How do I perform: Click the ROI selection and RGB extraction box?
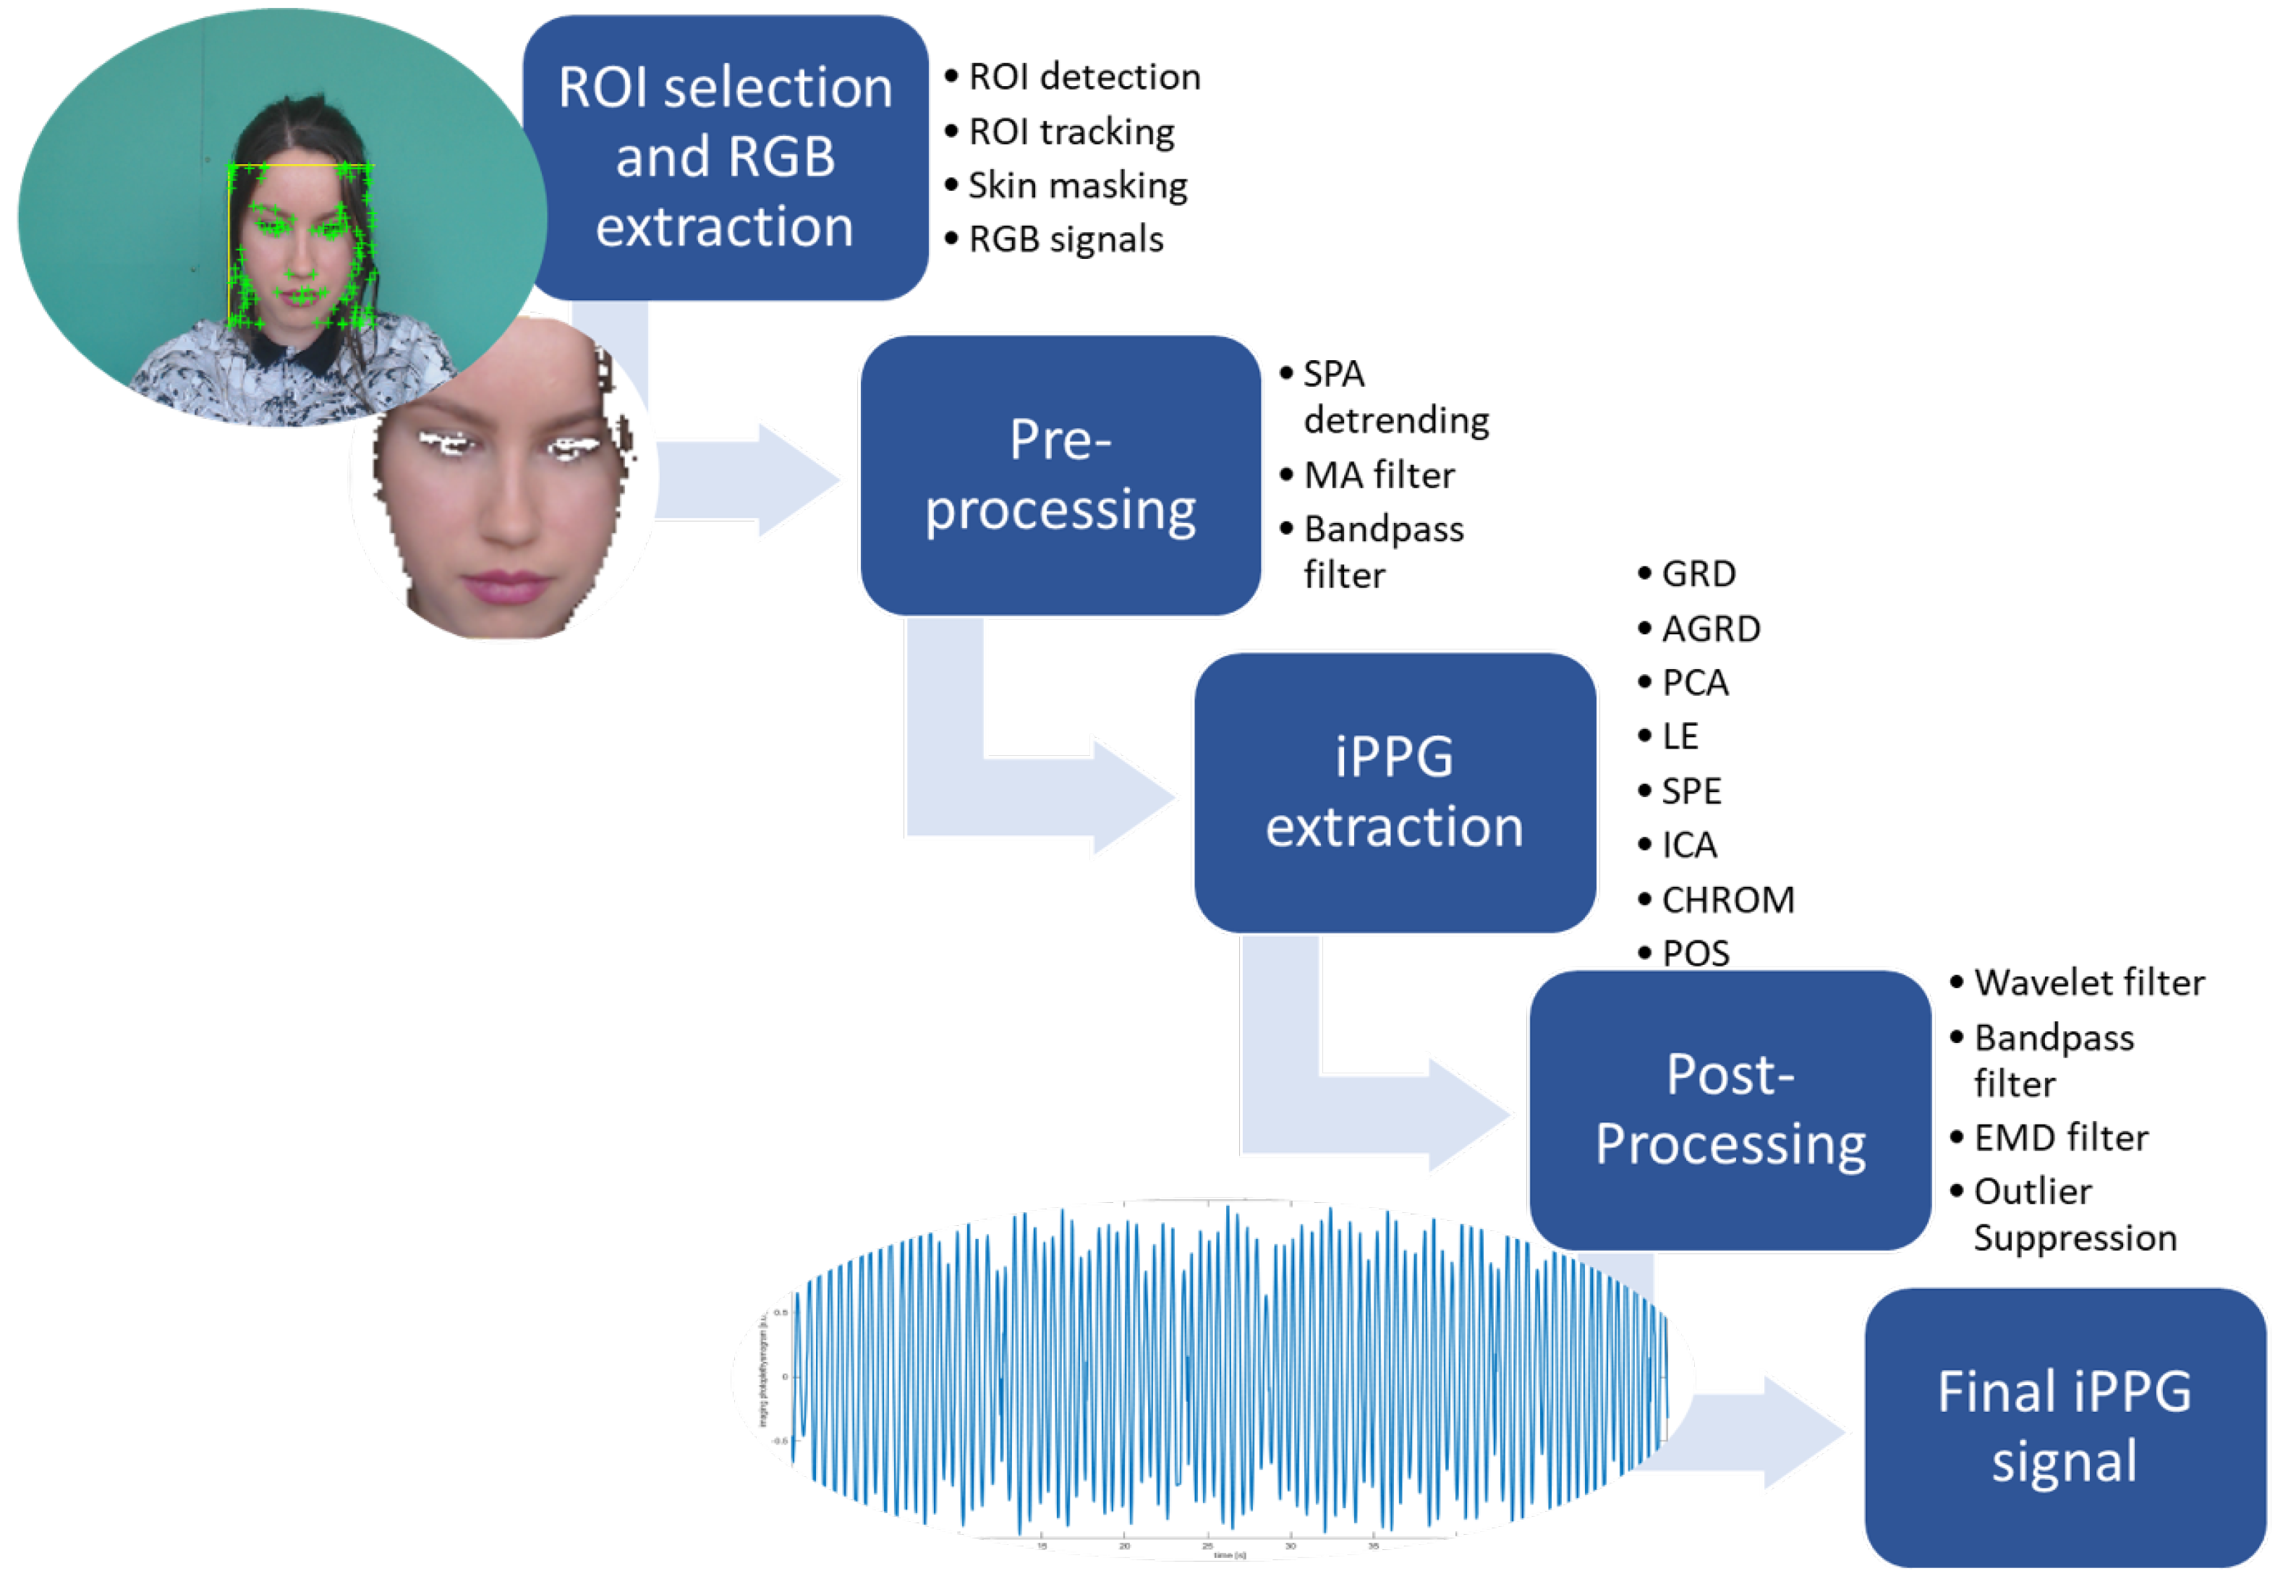(x=725, y=157)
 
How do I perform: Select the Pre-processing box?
(x=1059, y=474)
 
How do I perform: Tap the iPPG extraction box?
(x=1394, y=791)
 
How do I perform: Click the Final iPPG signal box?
(x=2064, y=1426)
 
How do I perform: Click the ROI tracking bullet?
(x=1070, y=131)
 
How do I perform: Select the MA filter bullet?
(x=1378, y=474)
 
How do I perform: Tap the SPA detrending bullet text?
(x=1394, y=397)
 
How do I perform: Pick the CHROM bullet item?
(x=1727, y=899)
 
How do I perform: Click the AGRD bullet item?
(x=1710, y=629)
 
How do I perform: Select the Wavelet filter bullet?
(x=2088, y=982)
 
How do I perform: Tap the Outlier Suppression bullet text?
(x=2072, y=1214)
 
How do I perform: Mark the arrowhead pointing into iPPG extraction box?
(x=1131, y=795)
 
